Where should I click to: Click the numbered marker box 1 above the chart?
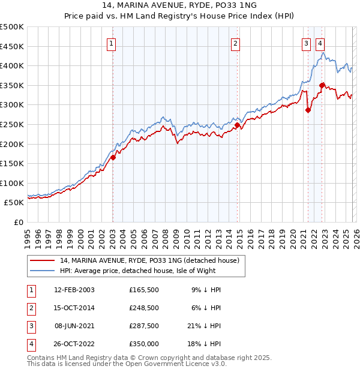(112, 43)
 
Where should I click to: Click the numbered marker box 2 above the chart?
(236, 43)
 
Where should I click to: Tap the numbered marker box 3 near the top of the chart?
(306, 43)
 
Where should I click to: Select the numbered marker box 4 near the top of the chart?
(320, 43)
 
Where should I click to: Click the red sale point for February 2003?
(113, 158)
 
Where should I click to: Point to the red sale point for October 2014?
(237, 125)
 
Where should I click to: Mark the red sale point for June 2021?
(308, 110)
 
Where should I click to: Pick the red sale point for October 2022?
(322, 85)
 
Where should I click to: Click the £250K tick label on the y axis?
(12, 124)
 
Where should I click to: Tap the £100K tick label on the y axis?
(12, 183)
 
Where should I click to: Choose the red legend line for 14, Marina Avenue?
(43, 260)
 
